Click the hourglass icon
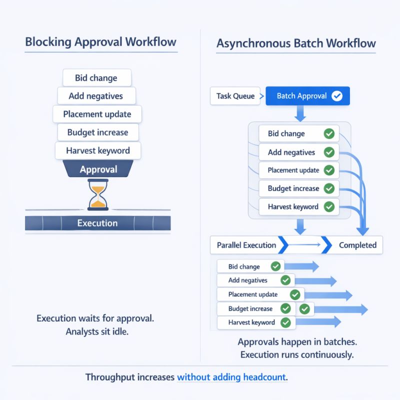(97, 195)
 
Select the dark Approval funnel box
(98, 169)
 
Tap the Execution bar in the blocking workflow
(97, 223)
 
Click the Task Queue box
(235, 96)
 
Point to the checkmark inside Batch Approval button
(337, 96)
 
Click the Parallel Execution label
(246, 245)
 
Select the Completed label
(357, 245)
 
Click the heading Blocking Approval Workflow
(100, 41)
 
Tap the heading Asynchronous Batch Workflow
(296, 43)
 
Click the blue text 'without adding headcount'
(232, 377)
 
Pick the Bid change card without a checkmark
(96, 78)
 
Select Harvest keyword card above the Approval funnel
(98, 150)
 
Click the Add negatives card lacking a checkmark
(97, 96)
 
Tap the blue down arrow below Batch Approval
(300, 114)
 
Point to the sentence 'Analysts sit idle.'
(97, 331)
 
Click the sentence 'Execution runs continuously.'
(297, 355)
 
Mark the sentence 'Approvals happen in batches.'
(297, 342)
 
